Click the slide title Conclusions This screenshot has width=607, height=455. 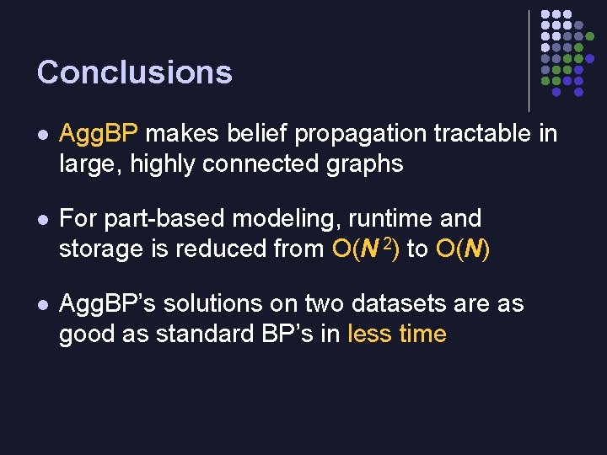click(x=134, y=72)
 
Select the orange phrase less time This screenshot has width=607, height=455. click(x=396, y=334)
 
